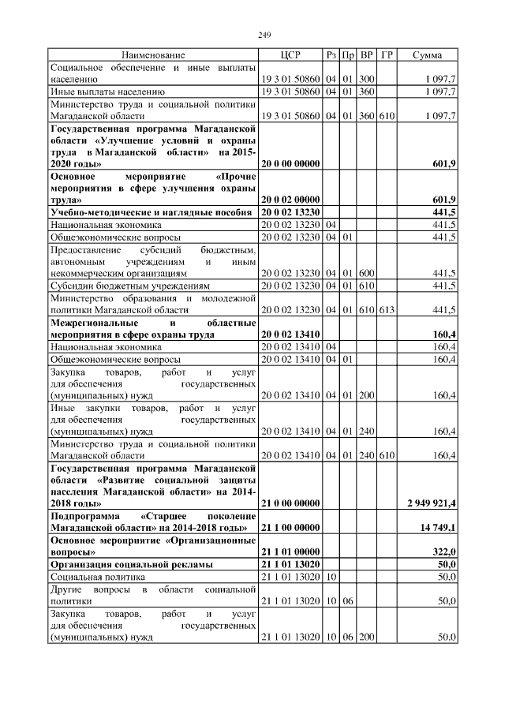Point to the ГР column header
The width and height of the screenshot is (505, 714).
386,55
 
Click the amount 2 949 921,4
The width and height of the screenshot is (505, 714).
432,503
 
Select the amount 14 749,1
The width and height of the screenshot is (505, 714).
438,526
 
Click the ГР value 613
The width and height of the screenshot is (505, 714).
386,310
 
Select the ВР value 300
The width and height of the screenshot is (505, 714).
366,80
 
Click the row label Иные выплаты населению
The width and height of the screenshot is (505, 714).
107,92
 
